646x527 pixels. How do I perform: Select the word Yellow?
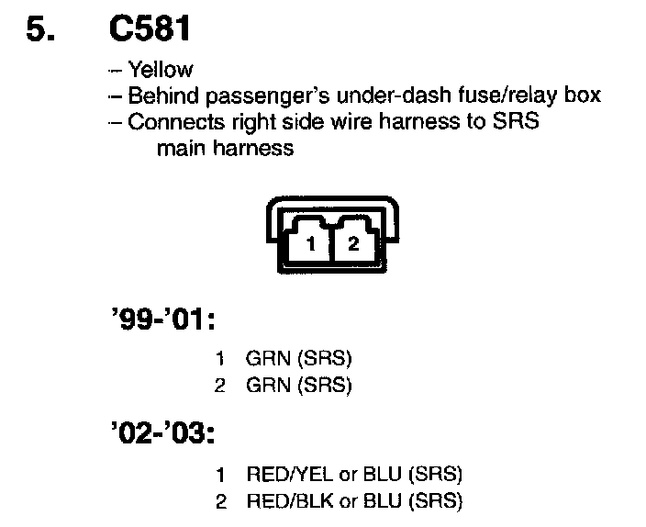(x=161, y=70)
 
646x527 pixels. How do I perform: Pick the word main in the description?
(x=179, y=148)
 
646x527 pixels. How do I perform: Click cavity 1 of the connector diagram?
(x=311, y=243)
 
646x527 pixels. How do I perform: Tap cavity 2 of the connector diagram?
(x=353, y=243)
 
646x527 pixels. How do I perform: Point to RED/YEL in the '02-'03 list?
(x=282, y=475)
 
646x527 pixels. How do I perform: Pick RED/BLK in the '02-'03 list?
(x=282, y=501)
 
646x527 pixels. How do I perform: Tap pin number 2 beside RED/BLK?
(x=220, y=501)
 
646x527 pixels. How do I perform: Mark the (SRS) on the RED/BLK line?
(x=437, y=501)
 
